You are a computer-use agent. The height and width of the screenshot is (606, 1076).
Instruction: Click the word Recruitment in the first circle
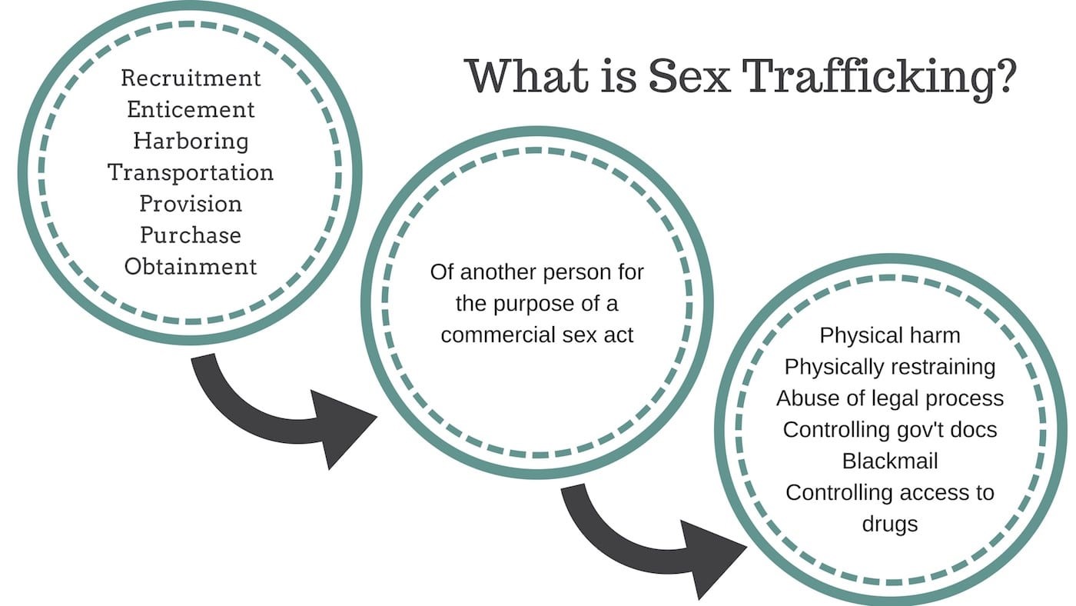tap(191, 78)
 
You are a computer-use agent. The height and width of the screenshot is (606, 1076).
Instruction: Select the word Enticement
tap(191, 109)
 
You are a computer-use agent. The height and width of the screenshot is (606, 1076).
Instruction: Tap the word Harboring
tap(191, 141)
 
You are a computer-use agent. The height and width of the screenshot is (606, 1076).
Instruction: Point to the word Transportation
tap(191, 171)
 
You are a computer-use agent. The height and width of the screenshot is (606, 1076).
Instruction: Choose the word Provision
tap(191, 203)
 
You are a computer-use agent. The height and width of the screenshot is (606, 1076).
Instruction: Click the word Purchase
tap(191, 235)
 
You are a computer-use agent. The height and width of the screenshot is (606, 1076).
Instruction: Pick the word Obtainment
tap(191, 266)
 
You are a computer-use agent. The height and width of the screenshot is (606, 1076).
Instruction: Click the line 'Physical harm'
tap(890, 335)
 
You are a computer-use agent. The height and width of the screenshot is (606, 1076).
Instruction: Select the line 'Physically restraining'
tap(890, 367)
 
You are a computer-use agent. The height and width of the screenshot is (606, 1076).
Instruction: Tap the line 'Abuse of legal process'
tap(890, 398)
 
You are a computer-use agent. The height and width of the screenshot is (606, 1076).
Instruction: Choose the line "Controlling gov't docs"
tap(890, 429)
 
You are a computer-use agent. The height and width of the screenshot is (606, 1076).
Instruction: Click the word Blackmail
tap(890, 461)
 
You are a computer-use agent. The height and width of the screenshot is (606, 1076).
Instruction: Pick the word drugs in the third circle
tap(890, 524)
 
